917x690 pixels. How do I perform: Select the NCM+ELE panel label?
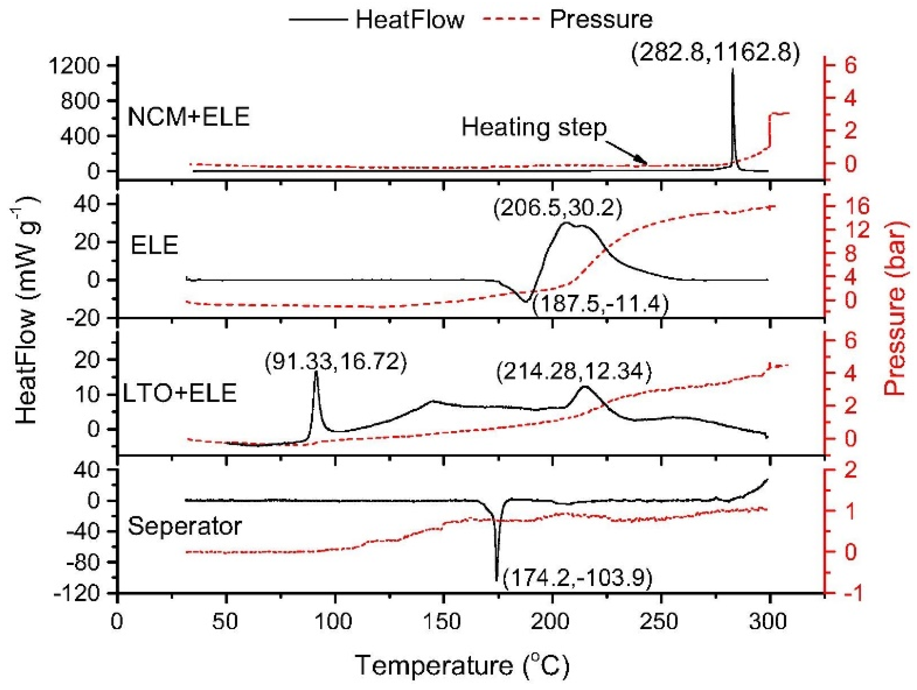pyautogui.click(x=189, y=116)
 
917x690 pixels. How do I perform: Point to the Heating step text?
pyautogui.click(x=534, y=127)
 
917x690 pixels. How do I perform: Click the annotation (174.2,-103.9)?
pyautogui.click(x=577, y=578)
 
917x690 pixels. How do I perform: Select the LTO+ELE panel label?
pyautogui.click(x=180, y=393)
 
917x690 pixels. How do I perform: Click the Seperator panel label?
pyautogui.click(x=185, y=526)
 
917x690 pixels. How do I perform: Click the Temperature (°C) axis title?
pyautogui.click(x=462, y=666)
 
